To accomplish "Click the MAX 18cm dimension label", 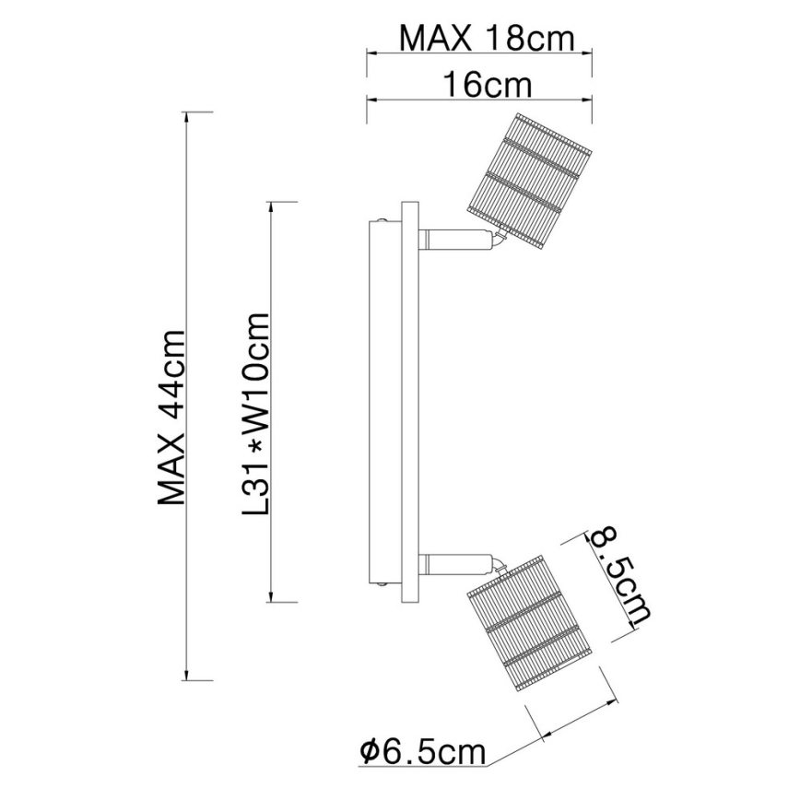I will click(487, 39).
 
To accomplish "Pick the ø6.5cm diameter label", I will click(422, 753).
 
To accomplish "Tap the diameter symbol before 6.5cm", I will click(368, 753).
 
